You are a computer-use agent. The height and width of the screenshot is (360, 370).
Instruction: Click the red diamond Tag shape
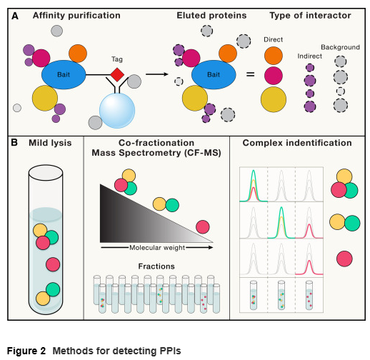click(117, 74)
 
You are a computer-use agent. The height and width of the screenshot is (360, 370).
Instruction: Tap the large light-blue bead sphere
click(117, 111)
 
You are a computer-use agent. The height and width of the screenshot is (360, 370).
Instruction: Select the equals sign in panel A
click(250, 74)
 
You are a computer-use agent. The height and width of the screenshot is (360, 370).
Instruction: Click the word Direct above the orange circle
click(273, 39)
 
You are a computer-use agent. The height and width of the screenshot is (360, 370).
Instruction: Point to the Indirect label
click(309, 56)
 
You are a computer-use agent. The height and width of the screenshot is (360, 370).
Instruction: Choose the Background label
click(340, 47)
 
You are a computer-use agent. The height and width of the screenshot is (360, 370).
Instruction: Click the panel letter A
click(15, 16)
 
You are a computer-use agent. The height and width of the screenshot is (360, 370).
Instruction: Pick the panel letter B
click(14, 143)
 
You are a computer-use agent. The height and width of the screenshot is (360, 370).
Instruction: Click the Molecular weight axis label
click(157, 248)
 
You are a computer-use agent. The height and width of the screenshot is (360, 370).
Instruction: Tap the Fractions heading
click(156, 266)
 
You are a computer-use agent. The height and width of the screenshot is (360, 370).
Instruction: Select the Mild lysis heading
click(50, 143)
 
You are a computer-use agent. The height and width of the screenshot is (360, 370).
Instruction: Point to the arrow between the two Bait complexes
click(157, 74)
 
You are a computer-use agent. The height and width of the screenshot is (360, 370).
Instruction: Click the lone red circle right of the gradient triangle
click(203, 227)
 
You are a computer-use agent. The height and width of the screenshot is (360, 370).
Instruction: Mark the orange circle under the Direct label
click(274, 56)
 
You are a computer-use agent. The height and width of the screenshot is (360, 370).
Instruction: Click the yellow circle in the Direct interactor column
click(274, 99)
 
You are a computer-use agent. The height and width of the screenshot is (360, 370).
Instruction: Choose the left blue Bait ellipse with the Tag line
click(64, 74)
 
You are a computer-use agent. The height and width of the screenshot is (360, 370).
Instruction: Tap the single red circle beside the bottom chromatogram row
click(344, 259)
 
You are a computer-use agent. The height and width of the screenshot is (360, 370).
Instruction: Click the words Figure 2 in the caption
click(26, 351)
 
